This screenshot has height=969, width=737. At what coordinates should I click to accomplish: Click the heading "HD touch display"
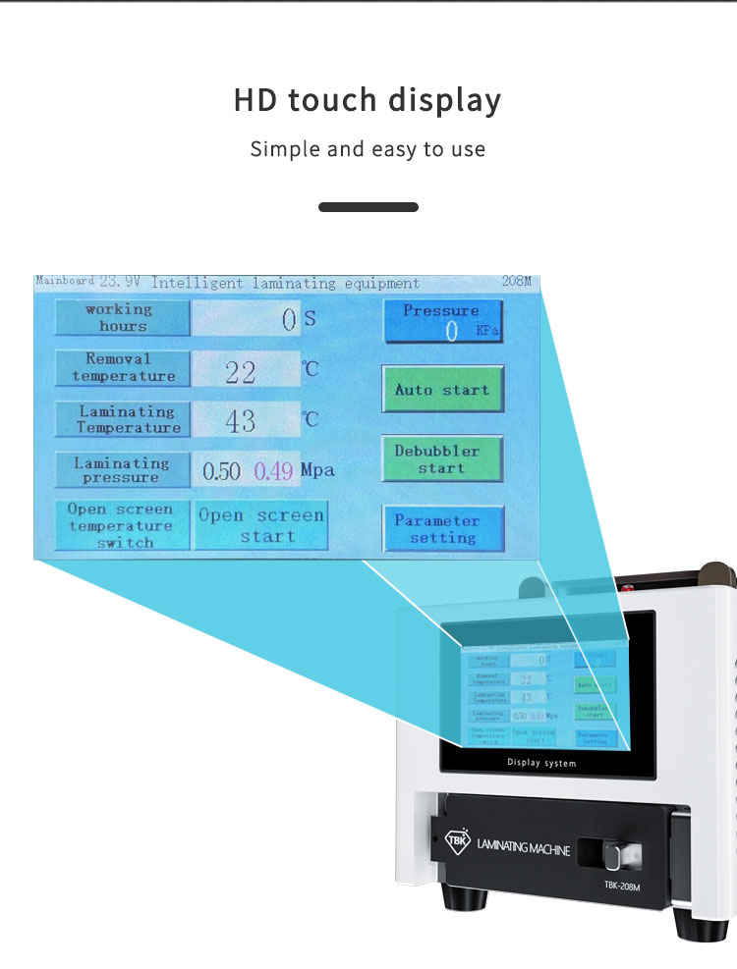[x=368, y=100]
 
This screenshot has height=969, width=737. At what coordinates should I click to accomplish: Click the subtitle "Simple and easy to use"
[x=368, y=149]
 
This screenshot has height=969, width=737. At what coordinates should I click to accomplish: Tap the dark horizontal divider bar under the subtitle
[x=368, y=207]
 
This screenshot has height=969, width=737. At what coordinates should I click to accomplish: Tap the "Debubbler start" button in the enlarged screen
[x=442, y=459]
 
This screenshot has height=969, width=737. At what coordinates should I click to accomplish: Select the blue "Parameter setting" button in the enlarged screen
[x=443, y=529]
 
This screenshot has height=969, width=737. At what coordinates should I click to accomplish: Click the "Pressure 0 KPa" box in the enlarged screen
[x=442, y=321]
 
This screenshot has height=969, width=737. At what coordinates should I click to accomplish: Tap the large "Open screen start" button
[x=260, y=526]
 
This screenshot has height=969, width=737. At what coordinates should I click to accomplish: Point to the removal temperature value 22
[x=241, y=371]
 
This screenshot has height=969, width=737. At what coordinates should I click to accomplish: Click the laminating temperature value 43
[x=241, y=421]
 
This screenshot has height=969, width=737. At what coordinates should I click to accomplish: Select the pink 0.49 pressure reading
[x=274, y=471]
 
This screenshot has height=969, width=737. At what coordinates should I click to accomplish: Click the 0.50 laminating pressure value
[x=221, y=471]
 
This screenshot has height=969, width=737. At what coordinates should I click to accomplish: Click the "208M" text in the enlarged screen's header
[x=516, y=283]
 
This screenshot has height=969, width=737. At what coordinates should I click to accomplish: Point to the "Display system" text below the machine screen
[x=541, y=762]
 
